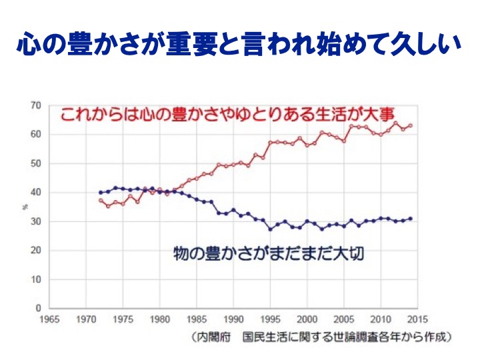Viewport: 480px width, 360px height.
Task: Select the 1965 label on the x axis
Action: point(49,318)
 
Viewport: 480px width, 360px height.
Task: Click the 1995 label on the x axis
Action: point(270,318)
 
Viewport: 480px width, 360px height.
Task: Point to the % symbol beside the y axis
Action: point(24,207)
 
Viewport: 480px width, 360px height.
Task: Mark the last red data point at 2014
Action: point(410,125)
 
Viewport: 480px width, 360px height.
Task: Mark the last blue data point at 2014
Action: point(410,219)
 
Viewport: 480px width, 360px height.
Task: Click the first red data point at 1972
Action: point(101,201)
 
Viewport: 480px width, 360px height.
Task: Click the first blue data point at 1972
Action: point(101,193)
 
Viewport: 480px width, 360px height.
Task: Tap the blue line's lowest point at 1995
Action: point(270,229)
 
